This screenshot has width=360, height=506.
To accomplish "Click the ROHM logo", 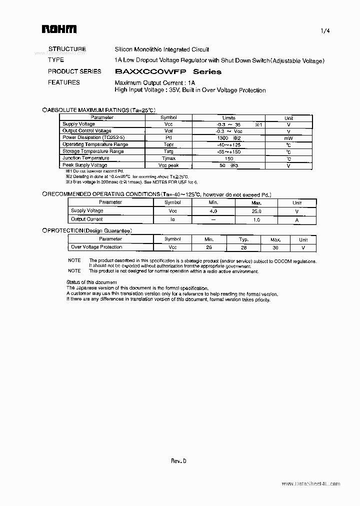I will click(x=58, y=29).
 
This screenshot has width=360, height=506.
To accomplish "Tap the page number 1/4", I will click(x=325, y=31).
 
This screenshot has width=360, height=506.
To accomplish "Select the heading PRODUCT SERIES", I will click(x=74, y=71).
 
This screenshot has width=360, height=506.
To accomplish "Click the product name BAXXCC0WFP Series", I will click(x=168, y=71).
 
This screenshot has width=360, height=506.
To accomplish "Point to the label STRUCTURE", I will click(x=67, y=49).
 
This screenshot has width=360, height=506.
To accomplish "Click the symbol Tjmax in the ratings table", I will click(x=168, y=158).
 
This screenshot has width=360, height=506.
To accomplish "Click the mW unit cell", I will click(x=288, y=138).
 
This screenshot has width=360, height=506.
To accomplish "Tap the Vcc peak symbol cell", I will click(x=168, y=165).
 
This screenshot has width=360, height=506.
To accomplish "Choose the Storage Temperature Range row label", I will click(x=93, y=151).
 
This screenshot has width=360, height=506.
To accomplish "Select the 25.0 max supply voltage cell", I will click(x=256, y=211).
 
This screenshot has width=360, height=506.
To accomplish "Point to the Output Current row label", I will click(x=86, y=219).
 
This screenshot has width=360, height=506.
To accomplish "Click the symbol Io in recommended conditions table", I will click(x=172, y=219).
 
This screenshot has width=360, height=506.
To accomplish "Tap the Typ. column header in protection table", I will click(x=243, y=240).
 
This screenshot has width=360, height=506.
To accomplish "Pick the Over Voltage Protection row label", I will click(x=96, y=247).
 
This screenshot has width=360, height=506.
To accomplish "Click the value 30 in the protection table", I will click(x=274, y=247).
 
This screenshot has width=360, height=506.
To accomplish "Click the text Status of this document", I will click(x=91, y=282).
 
